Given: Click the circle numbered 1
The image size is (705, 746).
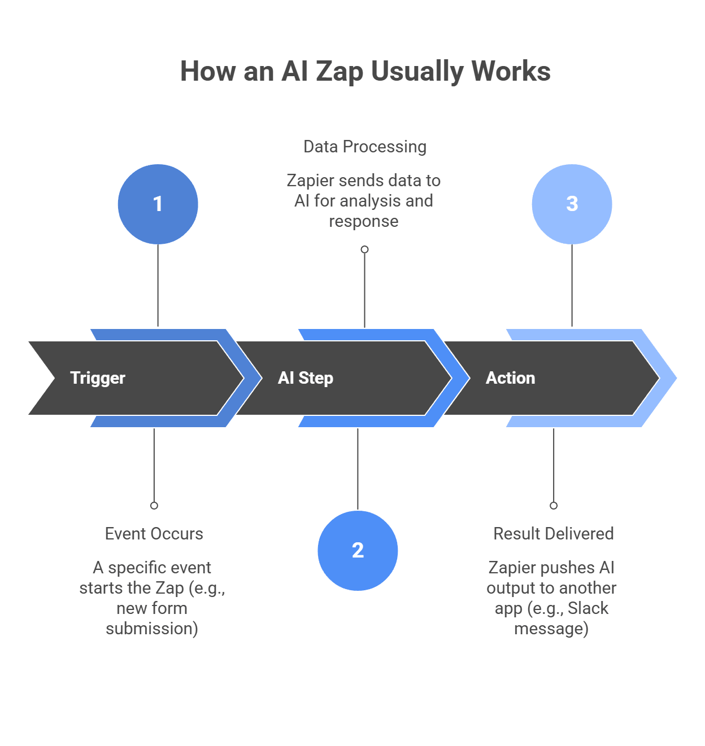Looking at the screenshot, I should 158,204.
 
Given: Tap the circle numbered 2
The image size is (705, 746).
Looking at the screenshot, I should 358,551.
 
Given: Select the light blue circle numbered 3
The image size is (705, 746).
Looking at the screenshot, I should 572,204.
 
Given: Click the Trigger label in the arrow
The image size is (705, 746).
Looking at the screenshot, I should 98,378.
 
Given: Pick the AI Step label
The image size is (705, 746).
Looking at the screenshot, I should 306,378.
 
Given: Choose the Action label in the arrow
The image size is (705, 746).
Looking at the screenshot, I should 510,378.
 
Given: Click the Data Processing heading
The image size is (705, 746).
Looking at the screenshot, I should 365,147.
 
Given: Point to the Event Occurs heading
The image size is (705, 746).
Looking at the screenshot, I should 154,534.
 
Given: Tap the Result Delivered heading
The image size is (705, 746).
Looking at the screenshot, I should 553,534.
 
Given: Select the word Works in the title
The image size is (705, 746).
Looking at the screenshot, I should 511,72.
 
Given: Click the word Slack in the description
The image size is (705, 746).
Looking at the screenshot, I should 587,608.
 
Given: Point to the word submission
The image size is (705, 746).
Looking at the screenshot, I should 152,629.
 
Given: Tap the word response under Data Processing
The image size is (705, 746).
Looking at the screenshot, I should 364,221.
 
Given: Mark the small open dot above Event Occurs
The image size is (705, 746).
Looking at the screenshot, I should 154,506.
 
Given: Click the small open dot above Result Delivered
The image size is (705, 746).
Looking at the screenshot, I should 554,506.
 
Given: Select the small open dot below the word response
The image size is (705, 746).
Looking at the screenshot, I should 365,249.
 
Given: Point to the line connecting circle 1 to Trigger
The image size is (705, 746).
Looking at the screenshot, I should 158,285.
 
